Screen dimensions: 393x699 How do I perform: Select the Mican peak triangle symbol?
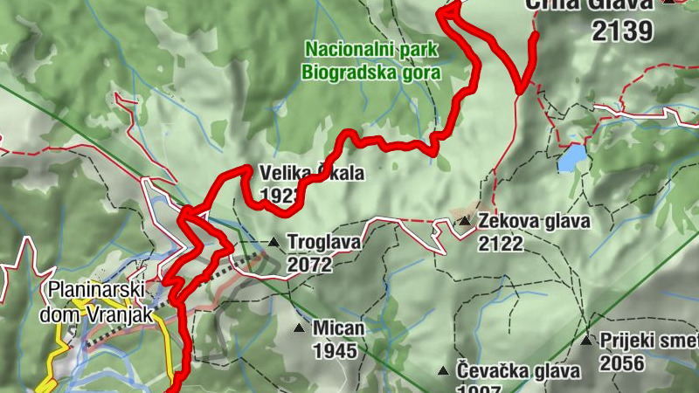(x=300, y=328)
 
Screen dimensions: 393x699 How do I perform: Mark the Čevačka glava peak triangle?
(x=444, y=371)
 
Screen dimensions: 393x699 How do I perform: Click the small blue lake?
(x=573, y=158)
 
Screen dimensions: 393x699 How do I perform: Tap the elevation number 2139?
(x=621, y=32)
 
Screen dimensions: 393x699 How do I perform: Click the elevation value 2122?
(x=501, y=243)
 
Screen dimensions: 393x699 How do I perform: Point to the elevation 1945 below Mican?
(x=336, y=351)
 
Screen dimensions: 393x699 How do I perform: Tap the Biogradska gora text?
(x=371, y=72)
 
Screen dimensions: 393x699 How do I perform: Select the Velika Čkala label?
(x=311, y=173)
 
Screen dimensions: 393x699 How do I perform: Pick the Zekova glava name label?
(x=533, y=221)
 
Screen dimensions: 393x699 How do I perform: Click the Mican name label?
(x=339, y=328)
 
